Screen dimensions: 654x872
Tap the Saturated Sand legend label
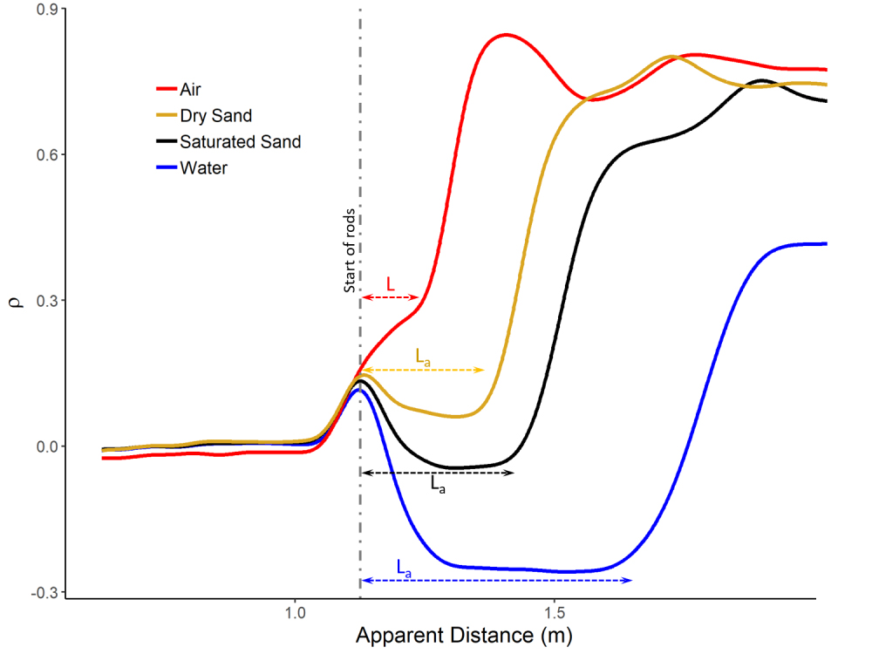point(240,141)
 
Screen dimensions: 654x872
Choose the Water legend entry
point(203,167)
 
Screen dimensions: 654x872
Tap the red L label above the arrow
point(391,284)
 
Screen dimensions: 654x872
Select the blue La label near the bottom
point(405,567)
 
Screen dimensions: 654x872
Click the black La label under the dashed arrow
point(439,486)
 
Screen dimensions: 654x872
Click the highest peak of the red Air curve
point(506,35)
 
